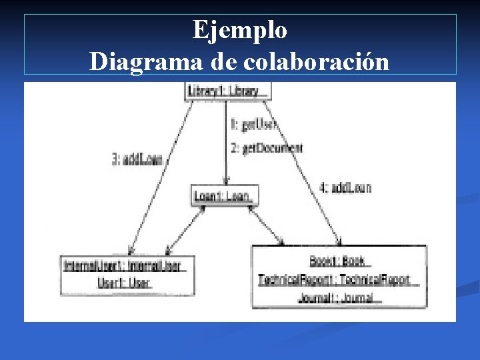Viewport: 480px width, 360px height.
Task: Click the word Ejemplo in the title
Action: click(x=240, y=30)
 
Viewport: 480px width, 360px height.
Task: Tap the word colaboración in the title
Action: click(x=317, y=61)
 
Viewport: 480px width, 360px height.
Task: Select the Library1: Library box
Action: click(x=227, y=91)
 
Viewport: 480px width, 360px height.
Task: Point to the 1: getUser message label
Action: click(x=253, y=124)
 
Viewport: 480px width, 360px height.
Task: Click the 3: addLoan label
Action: click(x=137, y=159)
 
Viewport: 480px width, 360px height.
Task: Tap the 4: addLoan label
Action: click(x=345, y=187)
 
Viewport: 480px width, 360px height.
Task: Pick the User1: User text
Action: click(x=125, y=283)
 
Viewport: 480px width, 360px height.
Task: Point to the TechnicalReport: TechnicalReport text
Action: click(x=337, y=279)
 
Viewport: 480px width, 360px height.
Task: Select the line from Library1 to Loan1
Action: click(x=227, y=140)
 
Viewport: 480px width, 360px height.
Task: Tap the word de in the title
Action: click(x=227, y=61)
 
